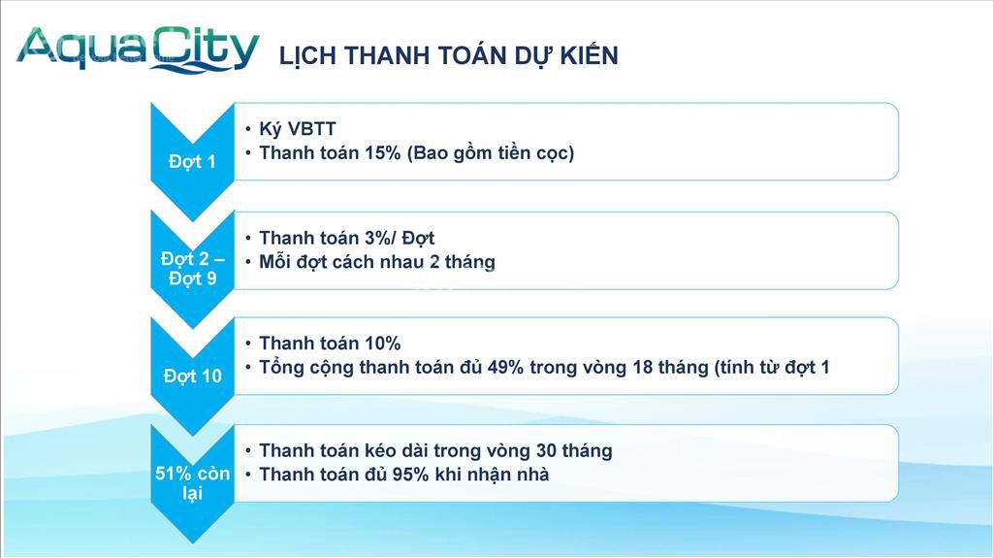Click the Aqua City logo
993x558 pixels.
(138, 49)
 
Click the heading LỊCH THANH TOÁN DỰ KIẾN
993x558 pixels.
(448, 55)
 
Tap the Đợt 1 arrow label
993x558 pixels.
(192, 162)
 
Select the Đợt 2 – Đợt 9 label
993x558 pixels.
(193, 268)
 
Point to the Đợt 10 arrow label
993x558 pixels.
(193, 376)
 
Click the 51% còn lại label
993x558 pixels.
(193, 482)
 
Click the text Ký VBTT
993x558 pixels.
(297, 129)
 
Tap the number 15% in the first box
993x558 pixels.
(382, 152)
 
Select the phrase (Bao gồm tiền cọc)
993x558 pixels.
(491, 153)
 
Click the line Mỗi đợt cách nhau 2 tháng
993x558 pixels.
(377, 262)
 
